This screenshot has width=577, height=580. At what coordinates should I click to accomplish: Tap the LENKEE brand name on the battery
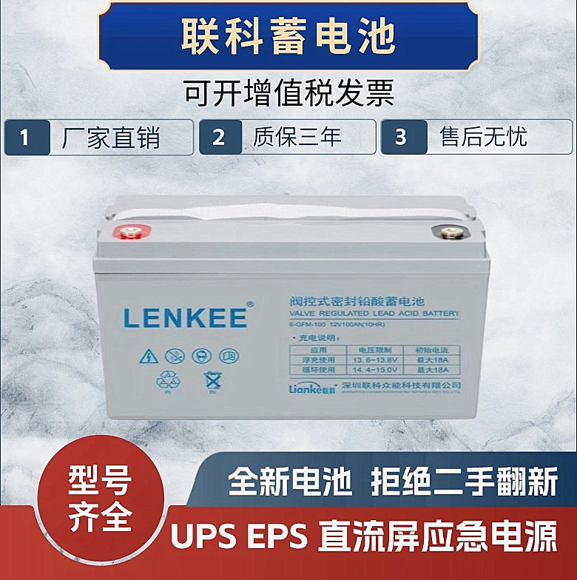click(x=185, y=317)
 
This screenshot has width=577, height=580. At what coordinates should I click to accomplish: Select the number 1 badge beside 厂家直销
click(x=24, y=138)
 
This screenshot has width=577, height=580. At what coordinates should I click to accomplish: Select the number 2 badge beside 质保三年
click(x=218, y=138)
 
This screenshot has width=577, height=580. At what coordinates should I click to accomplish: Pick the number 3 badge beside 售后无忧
click(x=400, y=138)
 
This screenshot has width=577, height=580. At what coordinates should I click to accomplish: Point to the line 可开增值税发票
click(x=288, y=94)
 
